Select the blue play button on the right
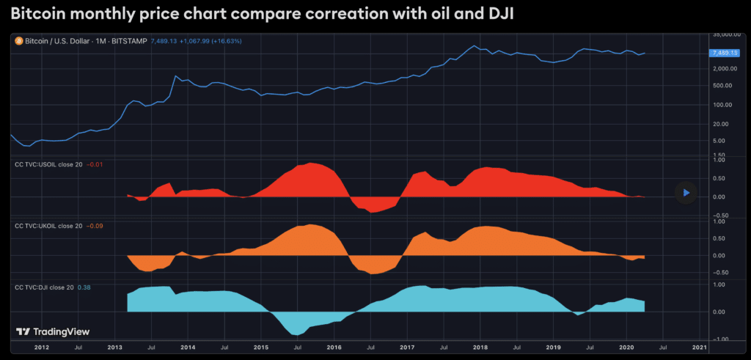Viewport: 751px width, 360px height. point(686,193)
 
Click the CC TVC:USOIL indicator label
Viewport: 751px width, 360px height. point(48,164)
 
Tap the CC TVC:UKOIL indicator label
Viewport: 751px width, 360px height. point(48,226)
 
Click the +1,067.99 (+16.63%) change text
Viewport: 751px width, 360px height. point(209,42)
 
